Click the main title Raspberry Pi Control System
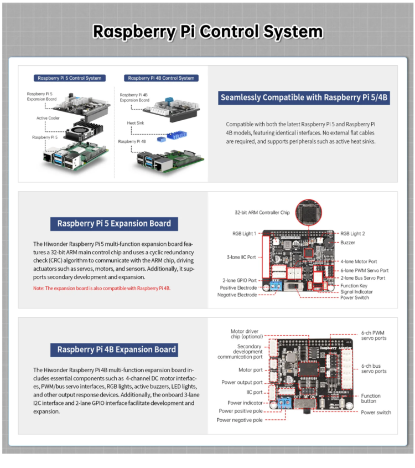(x=207, y=31)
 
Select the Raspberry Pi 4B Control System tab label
(x=160, y=78)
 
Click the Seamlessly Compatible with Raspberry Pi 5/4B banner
(x=304, y=98)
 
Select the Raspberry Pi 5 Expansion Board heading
(x=115, y=224)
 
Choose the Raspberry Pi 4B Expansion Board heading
(x=117, y=349)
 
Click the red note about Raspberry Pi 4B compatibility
(x=102, y=289)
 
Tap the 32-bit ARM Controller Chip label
(x=261, y=212)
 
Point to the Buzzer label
(x=348, y=243)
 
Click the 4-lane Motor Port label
(x=359, y=261)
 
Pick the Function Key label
(x=355, y=285)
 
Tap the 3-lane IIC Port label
(x=242, y=257)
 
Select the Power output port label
(x=242, y=382)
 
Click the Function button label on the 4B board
(x=371, y=398)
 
